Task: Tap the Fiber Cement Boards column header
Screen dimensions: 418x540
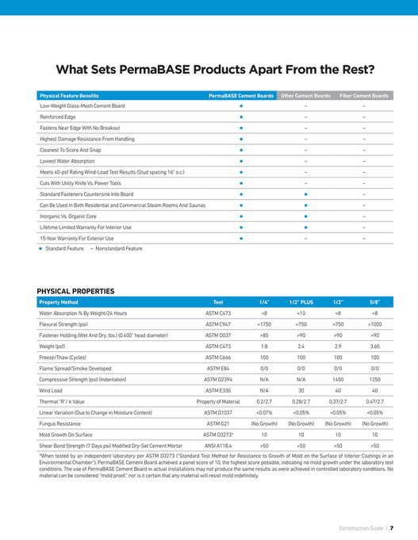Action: tap(363, 95)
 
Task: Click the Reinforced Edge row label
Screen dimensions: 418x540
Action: tap(57, 117)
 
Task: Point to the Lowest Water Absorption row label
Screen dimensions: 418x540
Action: tap(67, 160)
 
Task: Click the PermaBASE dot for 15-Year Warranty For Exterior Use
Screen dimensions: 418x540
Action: tap(241, 238)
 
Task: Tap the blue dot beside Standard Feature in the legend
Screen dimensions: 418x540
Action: tap(40, 248)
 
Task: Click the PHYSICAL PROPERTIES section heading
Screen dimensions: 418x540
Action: tap(76, 292)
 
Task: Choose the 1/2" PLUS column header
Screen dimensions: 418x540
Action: tap(301, 302)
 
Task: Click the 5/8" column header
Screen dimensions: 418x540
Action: tap(374, 302)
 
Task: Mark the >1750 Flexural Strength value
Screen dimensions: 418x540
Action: tap(264, 324)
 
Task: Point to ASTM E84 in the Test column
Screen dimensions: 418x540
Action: tap(218, 369)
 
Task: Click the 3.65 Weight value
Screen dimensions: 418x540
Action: tap(374, 347)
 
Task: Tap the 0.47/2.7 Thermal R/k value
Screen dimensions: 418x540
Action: tap(374, 402)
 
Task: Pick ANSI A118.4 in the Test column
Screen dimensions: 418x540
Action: tap(218, 446)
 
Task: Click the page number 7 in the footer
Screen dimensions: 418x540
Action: tap(392, 527)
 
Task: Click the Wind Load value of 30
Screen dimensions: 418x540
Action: tap(301, 391)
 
